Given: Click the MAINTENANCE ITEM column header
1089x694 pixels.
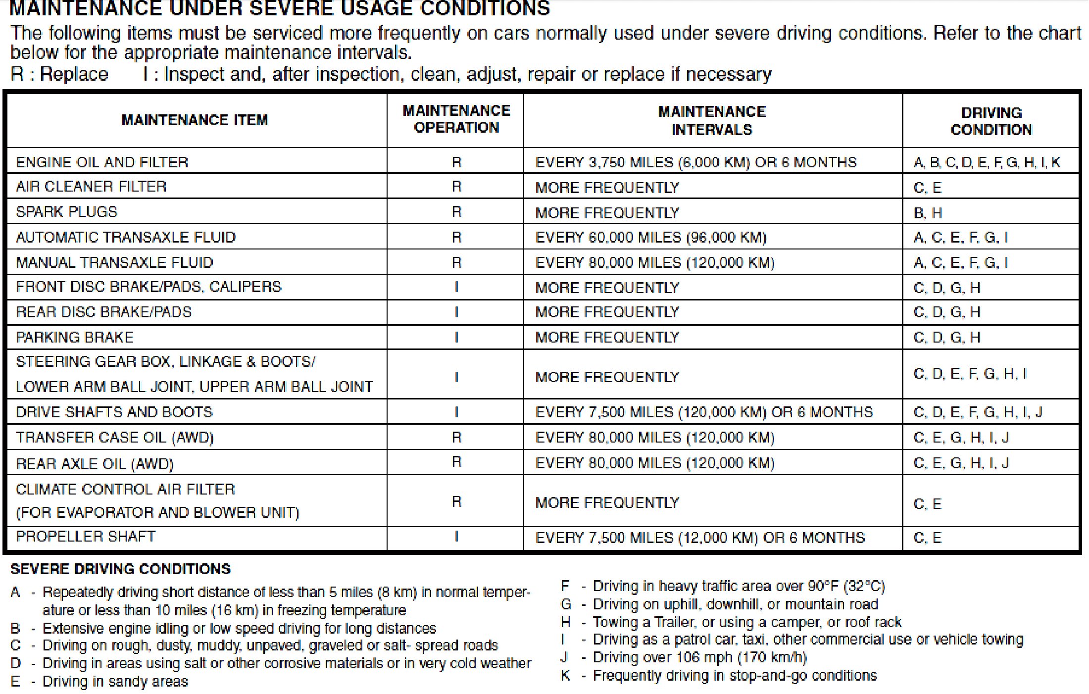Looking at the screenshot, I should [195, 120].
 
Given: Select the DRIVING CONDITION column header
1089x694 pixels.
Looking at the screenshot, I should [991, 121].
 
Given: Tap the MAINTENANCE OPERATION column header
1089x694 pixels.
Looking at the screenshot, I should [456, 119].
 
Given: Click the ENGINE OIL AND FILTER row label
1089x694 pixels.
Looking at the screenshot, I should [102, 162].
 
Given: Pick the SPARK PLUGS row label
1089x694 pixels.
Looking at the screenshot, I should [67, 212].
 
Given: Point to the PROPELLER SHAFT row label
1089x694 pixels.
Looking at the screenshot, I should [86, 537].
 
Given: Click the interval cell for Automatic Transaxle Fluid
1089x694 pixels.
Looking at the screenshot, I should [650, 238].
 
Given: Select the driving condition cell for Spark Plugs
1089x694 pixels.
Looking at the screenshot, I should [928, 213].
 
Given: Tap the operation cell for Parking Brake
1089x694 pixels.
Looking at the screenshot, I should [456, 338].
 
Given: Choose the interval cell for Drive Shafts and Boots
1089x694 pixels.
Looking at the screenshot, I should [703, 412].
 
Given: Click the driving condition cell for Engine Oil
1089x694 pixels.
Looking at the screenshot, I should [987, 162].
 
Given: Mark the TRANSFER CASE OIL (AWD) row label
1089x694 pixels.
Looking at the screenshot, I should [114, 438].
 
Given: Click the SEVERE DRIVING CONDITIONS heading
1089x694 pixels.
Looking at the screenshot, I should [120, 569].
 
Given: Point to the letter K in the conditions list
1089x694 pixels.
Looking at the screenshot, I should [565, 676].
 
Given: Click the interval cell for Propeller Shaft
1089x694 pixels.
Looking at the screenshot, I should [699, 538].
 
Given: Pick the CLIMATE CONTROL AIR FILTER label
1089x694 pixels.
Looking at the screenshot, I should [125, 490].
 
